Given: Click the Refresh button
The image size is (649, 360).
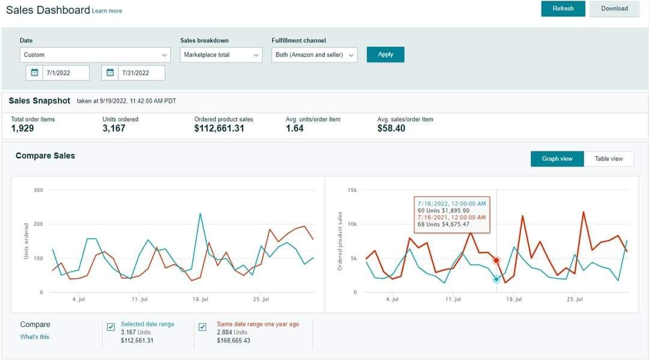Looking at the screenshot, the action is (x=563, y=8).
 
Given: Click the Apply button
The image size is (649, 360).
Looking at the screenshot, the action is (x=385, y=55).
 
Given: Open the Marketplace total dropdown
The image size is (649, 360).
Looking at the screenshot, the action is (x=221, y=55).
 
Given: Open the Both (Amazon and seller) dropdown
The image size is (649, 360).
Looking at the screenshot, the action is (x=314, y=55).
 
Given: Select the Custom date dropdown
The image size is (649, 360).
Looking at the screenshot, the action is (x=95, y=55).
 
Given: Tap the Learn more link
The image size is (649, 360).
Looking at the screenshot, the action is (x=107, y=11).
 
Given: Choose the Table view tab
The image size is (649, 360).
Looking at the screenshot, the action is (x=608, y=159).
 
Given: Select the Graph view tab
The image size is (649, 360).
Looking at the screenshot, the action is (x=557, y=159).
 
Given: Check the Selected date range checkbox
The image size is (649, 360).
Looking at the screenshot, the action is (x=111, y=327).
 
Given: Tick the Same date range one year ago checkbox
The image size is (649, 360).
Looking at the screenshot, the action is (x=203, y=327).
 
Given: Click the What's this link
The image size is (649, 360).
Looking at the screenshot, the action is (x=35, y=337).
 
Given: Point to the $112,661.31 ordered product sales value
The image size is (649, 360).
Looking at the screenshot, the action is (x=219, y=128).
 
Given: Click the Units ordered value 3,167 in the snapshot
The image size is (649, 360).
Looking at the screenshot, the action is (x=114, y=128).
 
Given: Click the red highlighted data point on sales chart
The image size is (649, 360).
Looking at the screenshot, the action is (x=496, y=260).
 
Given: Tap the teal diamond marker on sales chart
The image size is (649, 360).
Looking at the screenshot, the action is (x=496, y=279).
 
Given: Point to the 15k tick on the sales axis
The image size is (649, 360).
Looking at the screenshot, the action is (x=352, y=191).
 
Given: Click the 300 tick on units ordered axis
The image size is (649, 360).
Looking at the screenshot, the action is (x=38, y=191).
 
